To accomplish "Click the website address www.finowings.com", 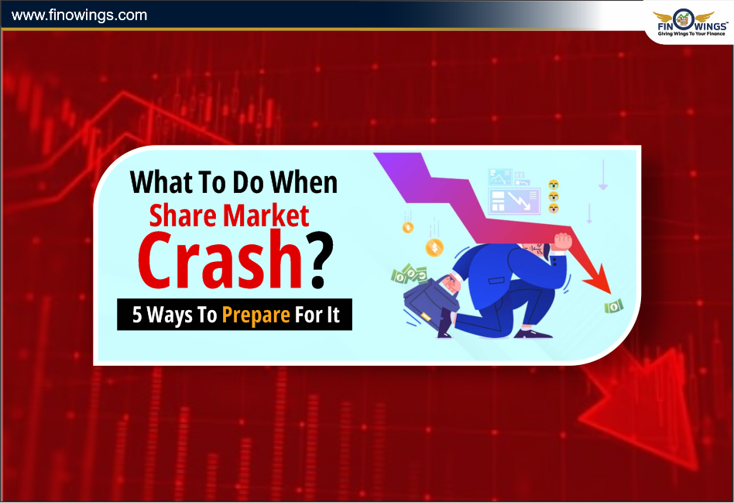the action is [x=79, y=15].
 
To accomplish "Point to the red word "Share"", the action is [x=183, y=215].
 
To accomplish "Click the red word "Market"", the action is [x=266, y=215].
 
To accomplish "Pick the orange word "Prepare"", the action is [x=256, y=315].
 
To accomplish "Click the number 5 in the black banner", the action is [x=137, y=315].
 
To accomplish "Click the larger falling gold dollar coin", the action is [x=434, y=247].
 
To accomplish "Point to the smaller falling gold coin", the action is [x=408, y=228].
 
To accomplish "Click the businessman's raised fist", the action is [x=562, y=242].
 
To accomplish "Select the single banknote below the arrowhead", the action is [x=614, y=307].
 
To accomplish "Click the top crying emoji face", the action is [x=554, y=184].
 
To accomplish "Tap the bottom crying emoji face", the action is [x=554, y=208].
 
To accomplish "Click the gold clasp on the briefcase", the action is [x=426, y=317].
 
